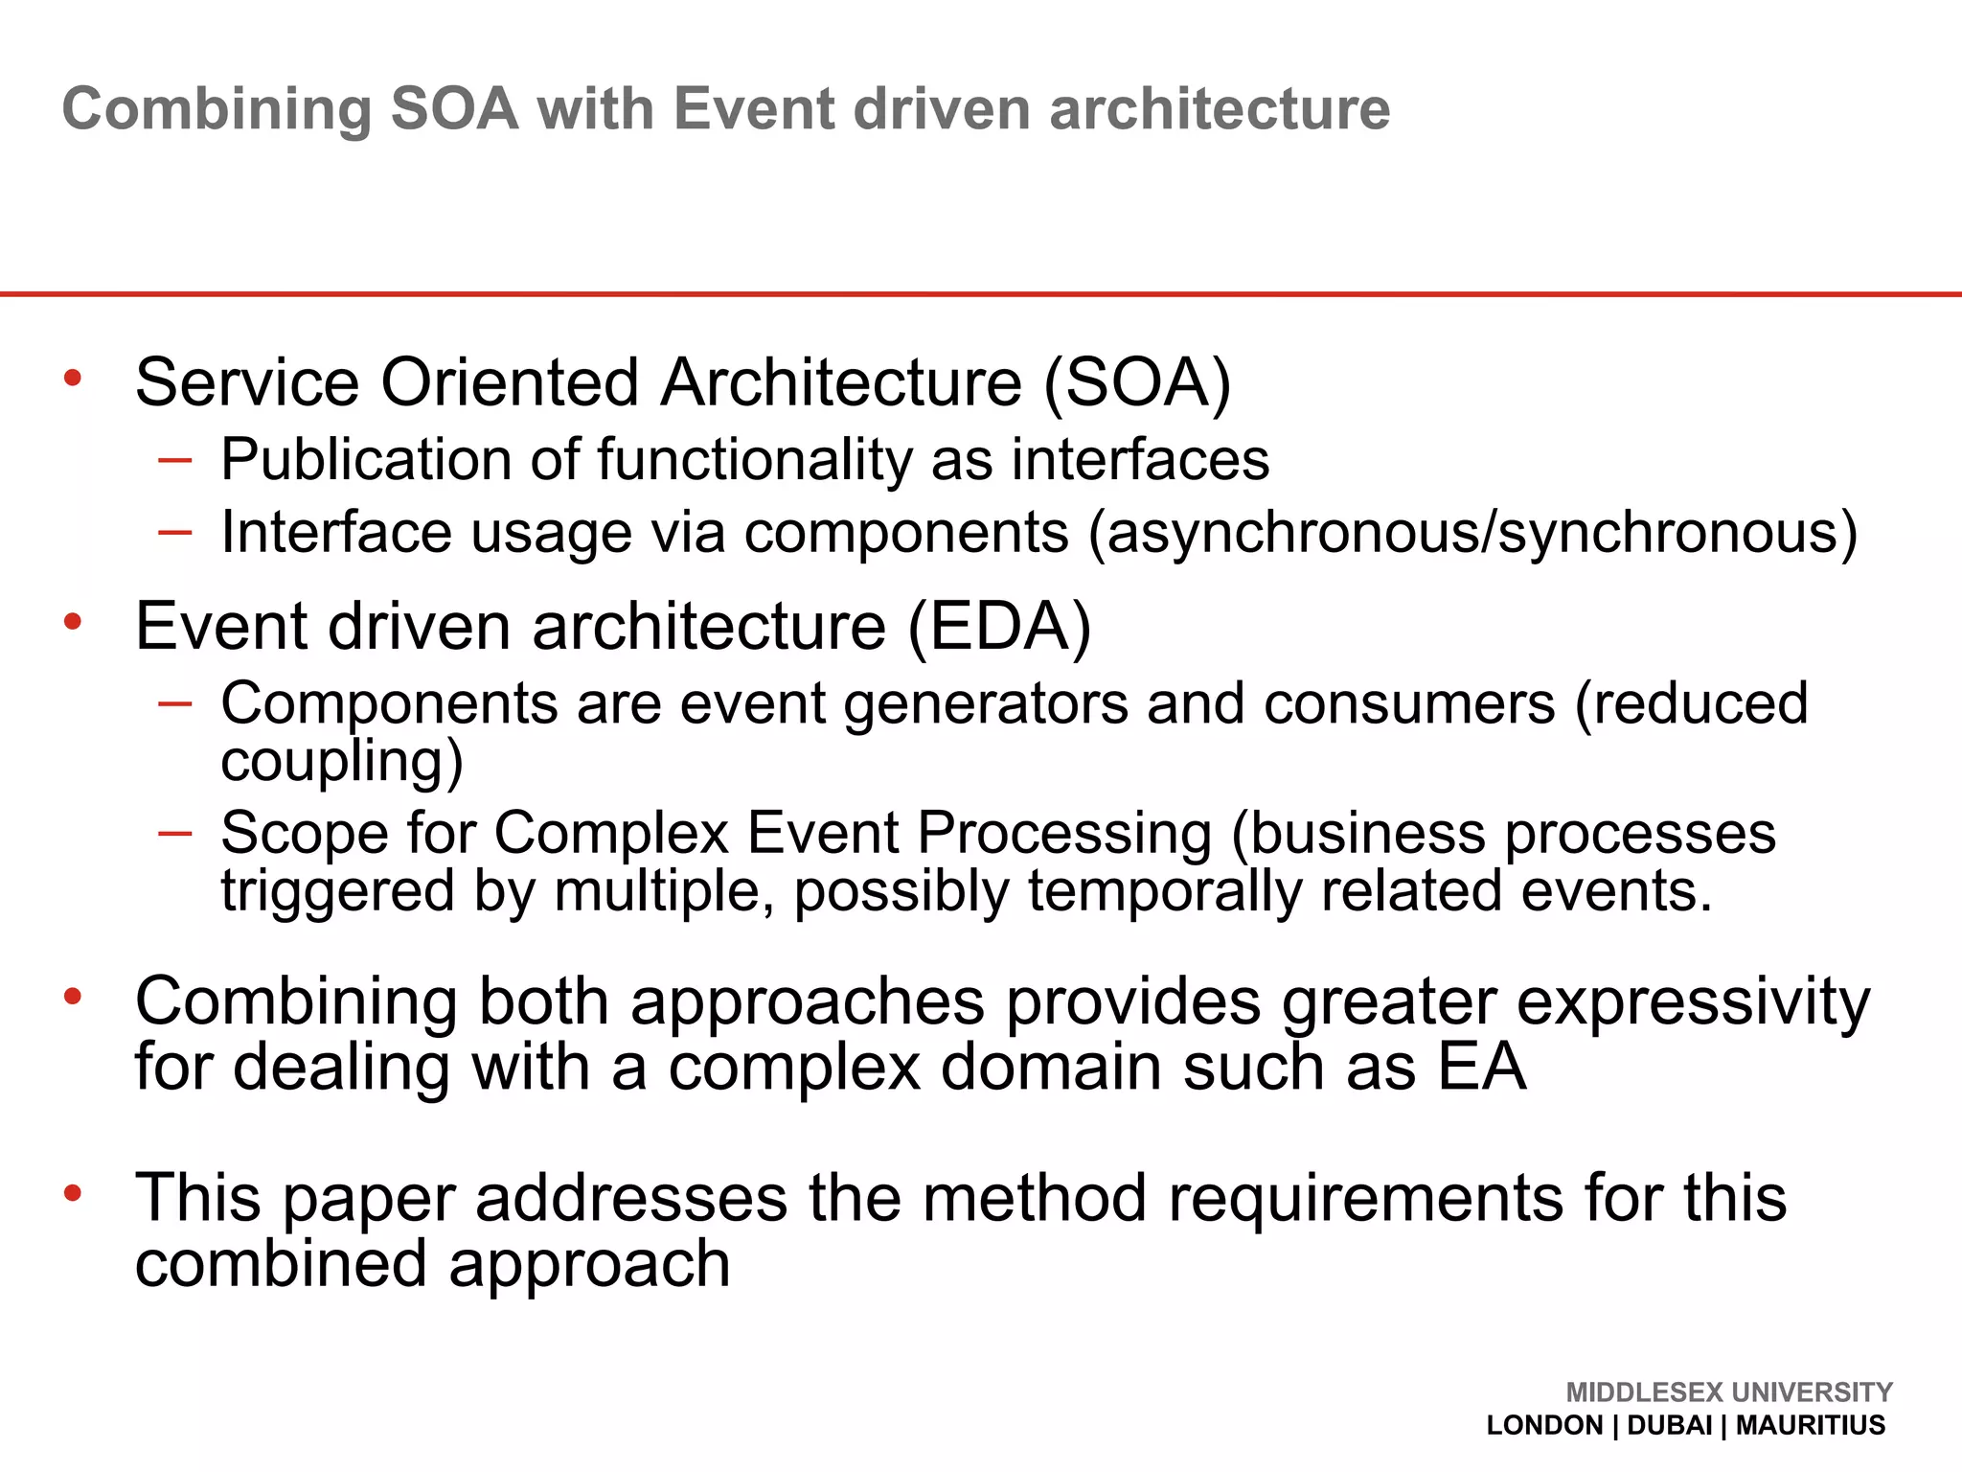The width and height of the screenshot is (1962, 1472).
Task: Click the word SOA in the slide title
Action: [x=454, y=108]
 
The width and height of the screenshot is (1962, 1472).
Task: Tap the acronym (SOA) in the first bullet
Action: [x=1137, y=383]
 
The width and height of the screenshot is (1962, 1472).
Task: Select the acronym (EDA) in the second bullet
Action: [x=998, y=628]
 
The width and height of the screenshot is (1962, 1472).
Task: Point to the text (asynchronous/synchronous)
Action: [x=1472, y=534]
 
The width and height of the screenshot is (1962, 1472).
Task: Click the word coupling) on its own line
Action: [x=341, y=762]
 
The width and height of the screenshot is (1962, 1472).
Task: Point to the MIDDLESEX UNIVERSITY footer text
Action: [x=1728, y=1391]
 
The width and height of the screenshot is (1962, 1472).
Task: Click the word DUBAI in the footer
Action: [x=1669, y=1425]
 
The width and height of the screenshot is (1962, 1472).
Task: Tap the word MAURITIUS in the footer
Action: [x=1810, y=1425]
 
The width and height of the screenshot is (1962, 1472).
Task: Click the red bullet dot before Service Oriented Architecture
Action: [x=73, y=379]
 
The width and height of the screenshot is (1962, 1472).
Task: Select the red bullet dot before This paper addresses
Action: [x=73, y=1193]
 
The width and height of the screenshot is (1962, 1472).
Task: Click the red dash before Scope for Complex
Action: [x=175, y=833]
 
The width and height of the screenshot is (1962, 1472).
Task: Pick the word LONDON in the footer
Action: [x=1544, y=1425]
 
